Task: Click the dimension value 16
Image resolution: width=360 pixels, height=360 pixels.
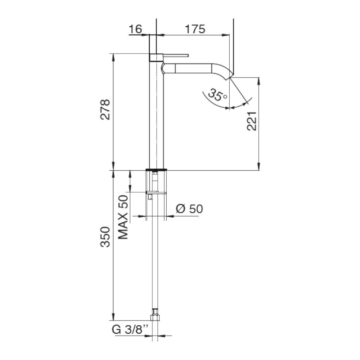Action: tap(135, 29)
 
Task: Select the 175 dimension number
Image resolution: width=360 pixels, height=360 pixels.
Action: tap(195, 29)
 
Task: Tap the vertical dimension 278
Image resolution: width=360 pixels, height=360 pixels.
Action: tap(105, 109)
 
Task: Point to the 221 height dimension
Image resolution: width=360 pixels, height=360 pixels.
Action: tap(252, 121)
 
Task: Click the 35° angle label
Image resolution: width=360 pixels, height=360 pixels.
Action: tap(217, 95)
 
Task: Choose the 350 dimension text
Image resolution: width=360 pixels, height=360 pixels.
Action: tap(105, 237)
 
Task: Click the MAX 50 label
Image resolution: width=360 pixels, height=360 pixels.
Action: tap(123, 217)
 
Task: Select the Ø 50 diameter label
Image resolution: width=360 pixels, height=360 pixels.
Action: tap(189, 209)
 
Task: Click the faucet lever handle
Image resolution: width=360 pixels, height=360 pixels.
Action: tap(176, 55)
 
